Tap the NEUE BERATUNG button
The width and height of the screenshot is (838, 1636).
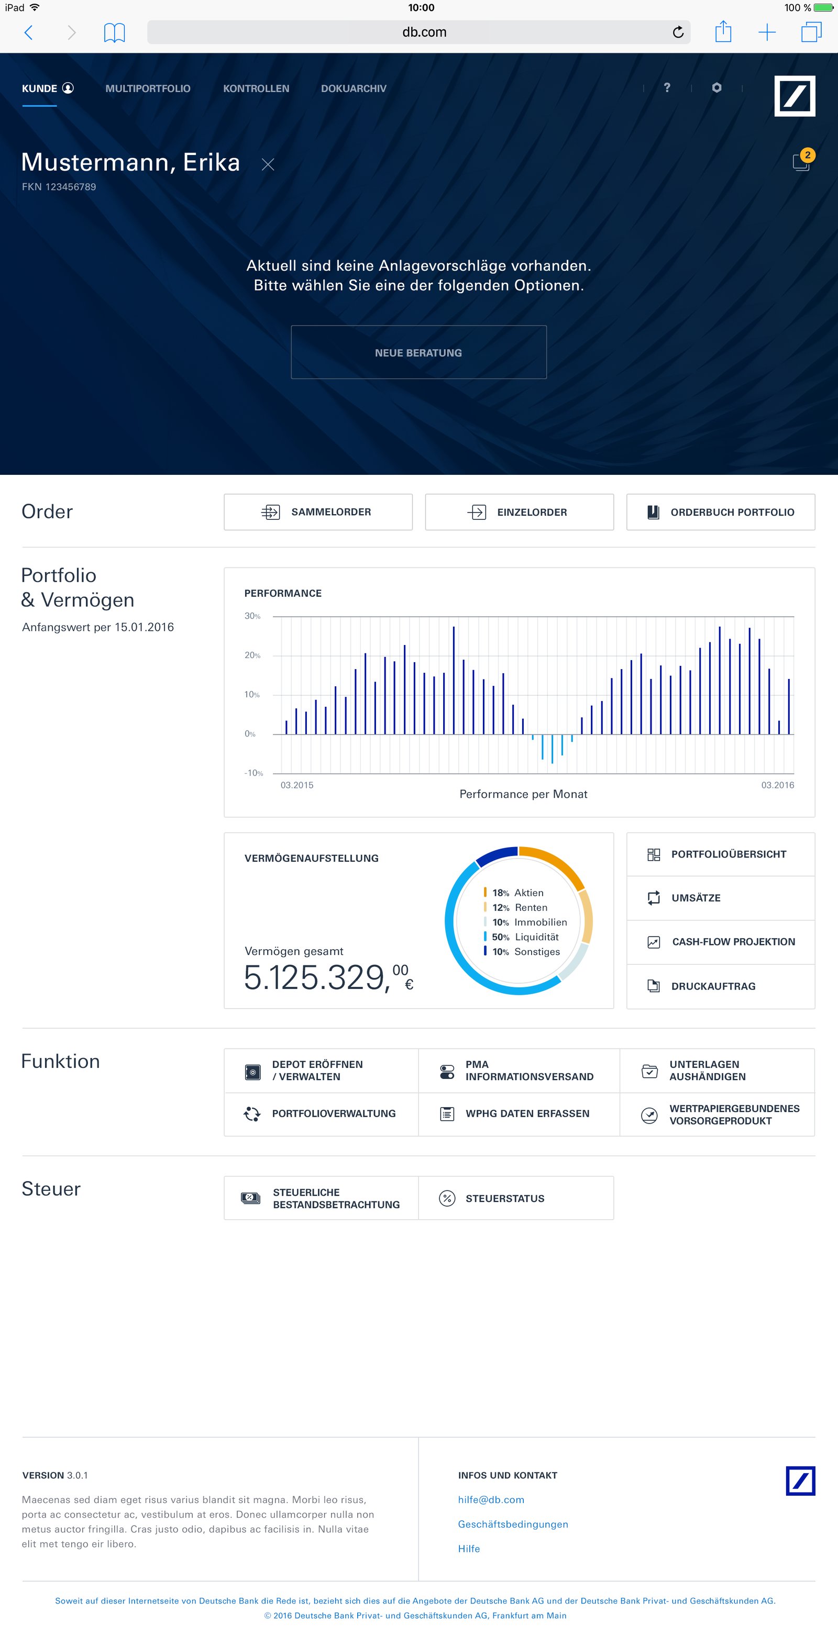point(418,352)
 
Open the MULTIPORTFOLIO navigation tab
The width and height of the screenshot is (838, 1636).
point(147,88)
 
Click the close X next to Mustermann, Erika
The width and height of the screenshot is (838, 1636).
point(268,165)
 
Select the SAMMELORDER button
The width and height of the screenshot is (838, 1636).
point(318,512)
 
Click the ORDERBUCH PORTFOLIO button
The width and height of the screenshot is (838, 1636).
point(721,512)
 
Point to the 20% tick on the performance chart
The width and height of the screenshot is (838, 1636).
point(252,655)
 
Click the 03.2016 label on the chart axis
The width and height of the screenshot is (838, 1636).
point(777,785)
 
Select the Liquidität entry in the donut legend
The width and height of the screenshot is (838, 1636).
point(536,937)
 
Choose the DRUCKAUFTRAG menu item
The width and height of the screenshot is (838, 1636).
point(713,986)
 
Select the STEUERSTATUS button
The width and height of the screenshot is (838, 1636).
point(504,1198)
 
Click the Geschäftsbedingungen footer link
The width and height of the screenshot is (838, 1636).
point(513,1524)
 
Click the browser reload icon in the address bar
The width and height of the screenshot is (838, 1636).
point(678,32)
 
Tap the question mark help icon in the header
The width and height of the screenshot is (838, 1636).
point(666,87)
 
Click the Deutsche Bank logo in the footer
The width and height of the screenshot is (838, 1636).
point(800,1481)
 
